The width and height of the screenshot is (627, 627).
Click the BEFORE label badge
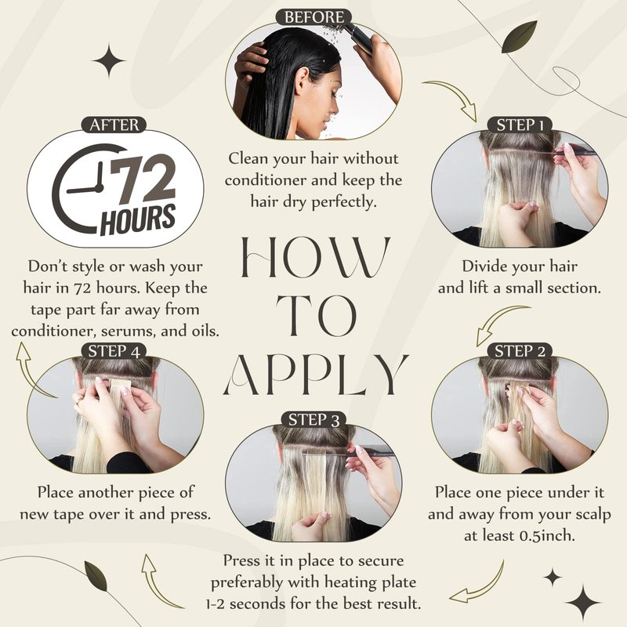pyautogui.click(x=314, y=17)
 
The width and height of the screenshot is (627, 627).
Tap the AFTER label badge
pyautogui.click(x=114, y=125)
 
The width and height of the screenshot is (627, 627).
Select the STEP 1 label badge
pyautogui.click(x=520, y=125)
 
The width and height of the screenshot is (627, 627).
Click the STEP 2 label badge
pyautogui.click(x=520, y=351)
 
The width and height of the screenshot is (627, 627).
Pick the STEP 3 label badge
pyautogui.click(x=314, y=420)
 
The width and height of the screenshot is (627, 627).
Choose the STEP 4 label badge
pyautogui.click(x=114, y=351)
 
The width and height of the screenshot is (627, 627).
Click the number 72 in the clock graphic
pyautogui.click(x=143, y=179)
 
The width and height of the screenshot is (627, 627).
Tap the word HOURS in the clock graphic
pyautogui.click(x=138, y=219)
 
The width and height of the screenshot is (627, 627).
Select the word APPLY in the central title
pyautogui.click(x=316, y=375)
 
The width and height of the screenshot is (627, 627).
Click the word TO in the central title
pyautogui.click(x=317, y=316)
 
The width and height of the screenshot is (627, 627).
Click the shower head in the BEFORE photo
pyautogui.click(x=359, y=37)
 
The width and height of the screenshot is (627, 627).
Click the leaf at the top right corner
pyautogui.click(x=519, y=37)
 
